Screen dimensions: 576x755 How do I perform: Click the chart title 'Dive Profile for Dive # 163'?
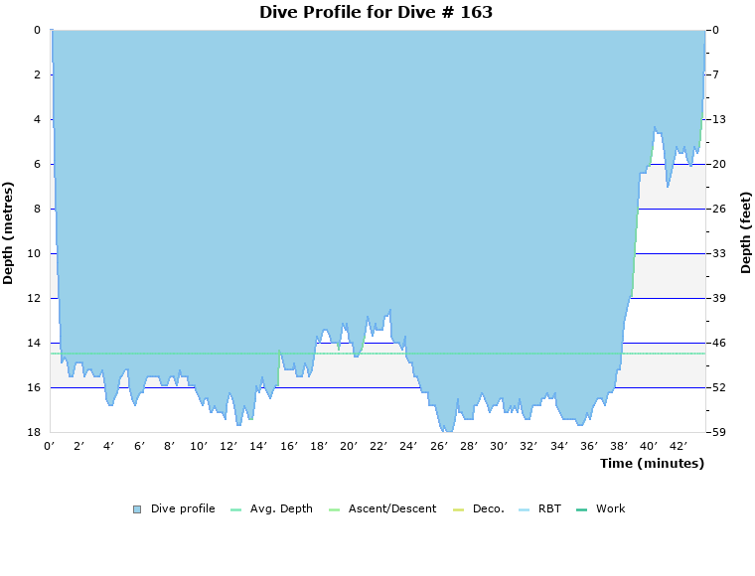point(376,13)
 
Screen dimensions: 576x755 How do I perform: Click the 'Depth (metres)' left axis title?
point(9,232)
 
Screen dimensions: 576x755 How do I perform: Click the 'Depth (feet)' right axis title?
point(746,232)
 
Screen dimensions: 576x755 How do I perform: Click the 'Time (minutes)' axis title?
point(652,464)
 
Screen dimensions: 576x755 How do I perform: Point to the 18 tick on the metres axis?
point(34,432)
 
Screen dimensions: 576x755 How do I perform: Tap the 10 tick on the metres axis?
point(34,253)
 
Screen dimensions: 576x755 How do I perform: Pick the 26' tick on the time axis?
point(439,447)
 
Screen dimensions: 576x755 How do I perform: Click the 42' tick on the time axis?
point(679,447)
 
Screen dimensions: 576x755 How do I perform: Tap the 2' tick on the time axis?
point(79,447)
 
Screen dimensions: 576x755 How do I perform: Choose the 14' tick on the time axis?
point(259,447)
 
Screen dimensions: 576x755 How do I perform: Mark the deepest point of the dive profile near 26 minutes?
point(448,431)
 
